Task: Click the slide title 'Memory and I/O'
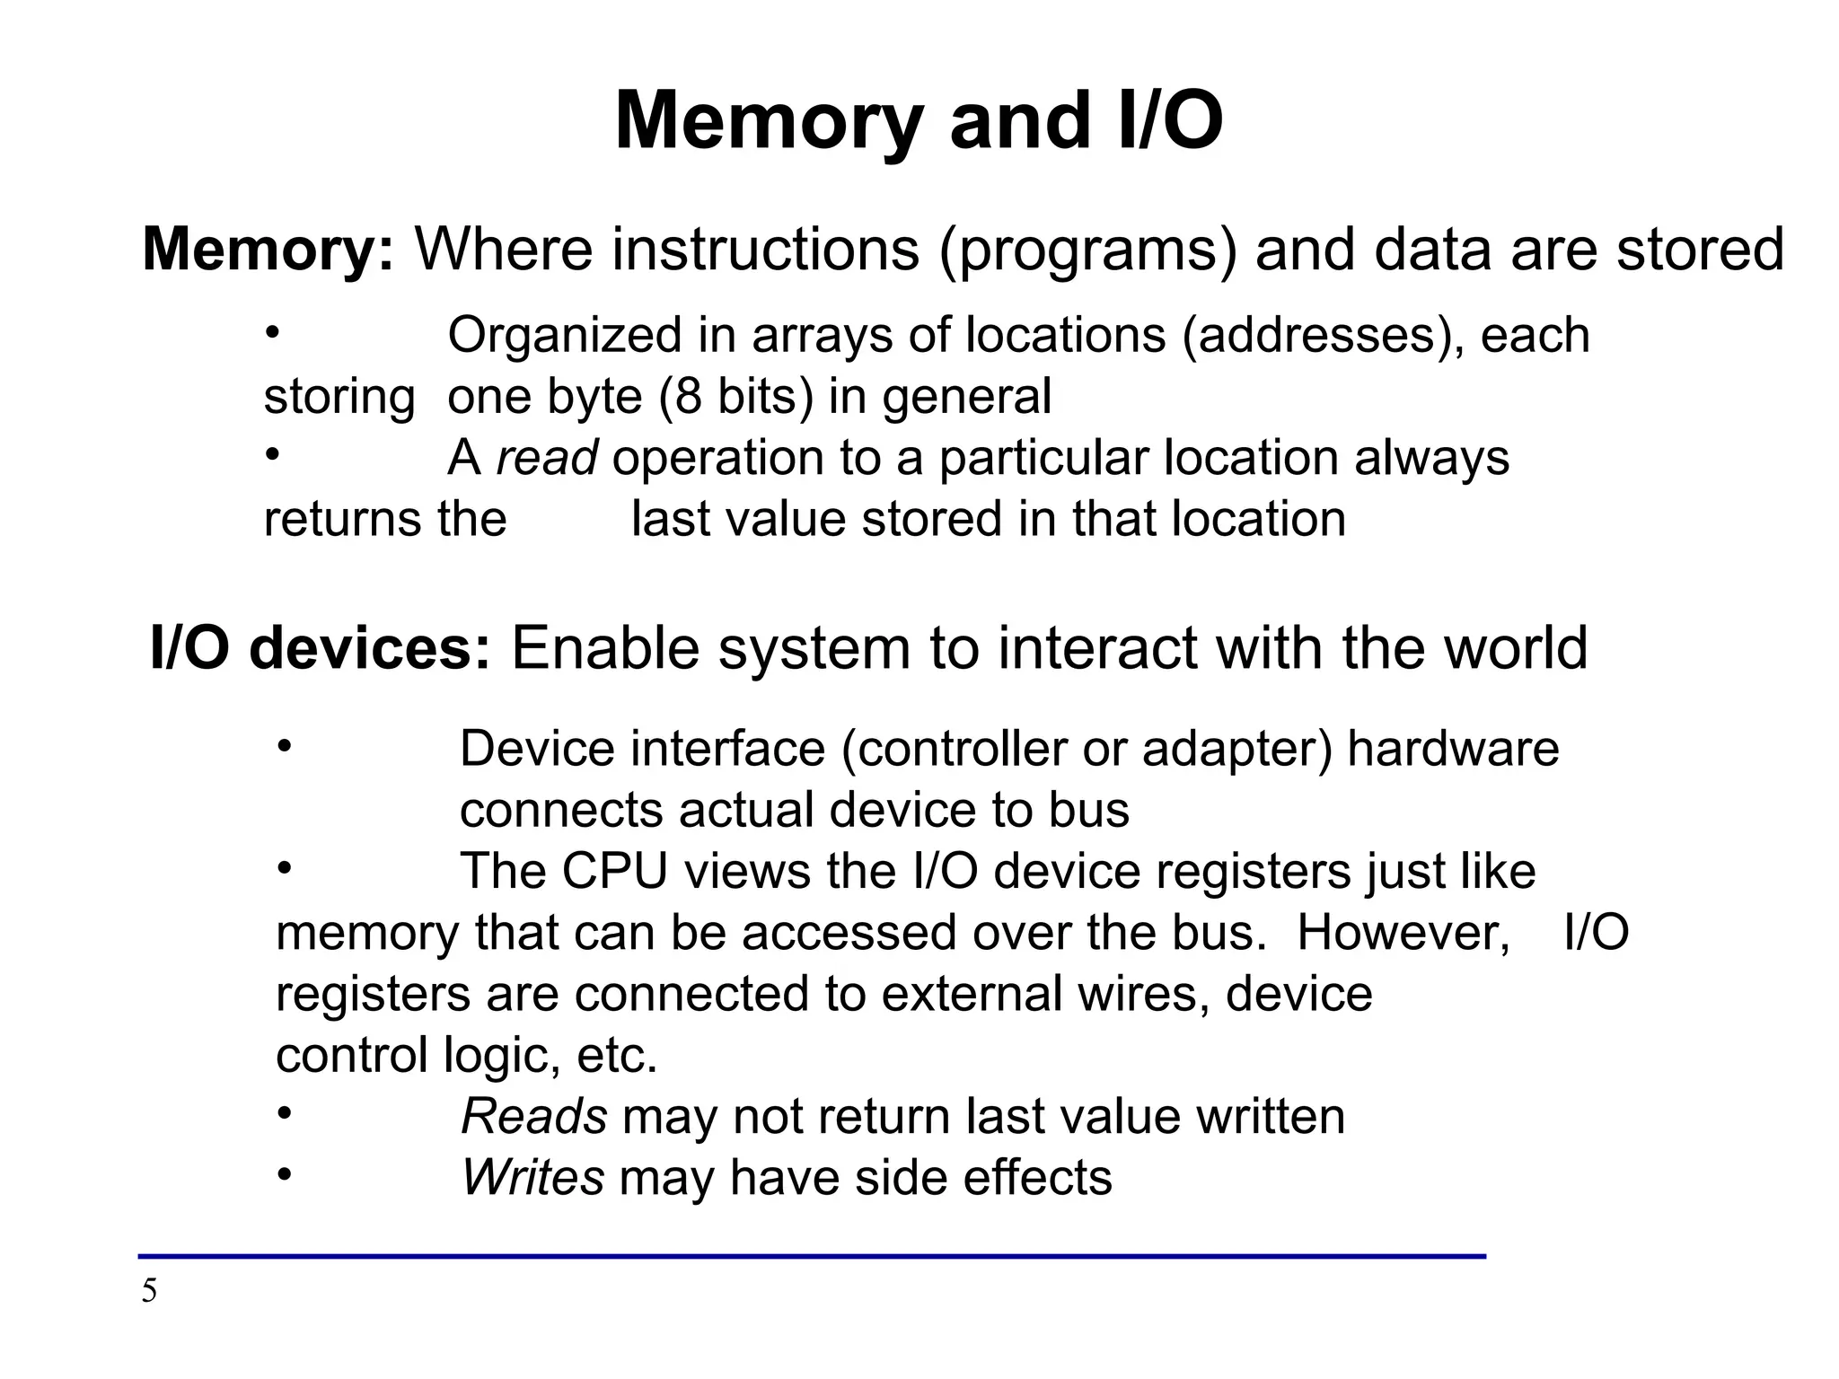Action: point(919,122)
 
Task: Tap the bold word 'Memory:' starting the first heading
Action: point(268,249)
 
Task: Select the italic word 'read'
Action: point(547,458)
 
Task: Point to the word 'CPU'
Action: point(615,872)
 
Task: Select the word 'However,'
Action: point(1403,933)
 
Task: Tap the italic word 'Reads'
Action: point(534,1117)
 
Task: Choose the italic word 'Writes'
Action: point(532,1178)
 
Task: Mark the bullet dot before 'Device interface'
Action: point(285,745)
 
